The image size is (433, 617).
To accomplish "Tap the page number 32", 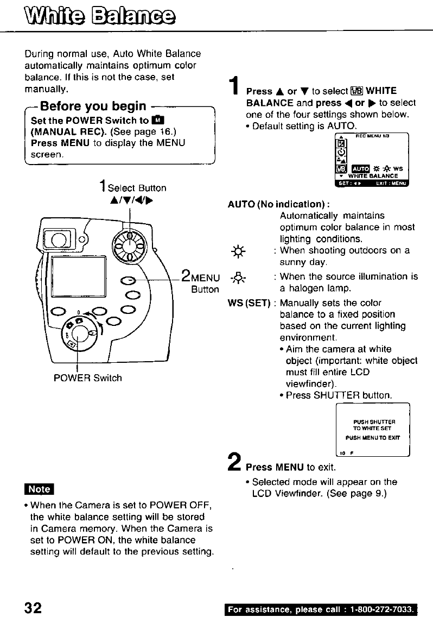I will (x=30, y=607).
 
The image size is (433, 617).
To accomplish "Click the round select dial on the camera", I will (x=129, y=245).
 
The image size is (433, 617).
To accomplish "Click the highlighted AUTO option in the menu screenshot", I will (x=360, y=168).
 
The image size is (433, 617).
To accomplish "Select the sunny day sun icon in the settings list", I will (x=238, y=251).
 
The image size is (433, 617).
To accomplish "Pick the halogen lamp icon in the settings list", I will (x=238, y=277).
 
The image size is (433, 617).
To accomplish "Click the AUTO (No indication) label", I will (x=279, y=205).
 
